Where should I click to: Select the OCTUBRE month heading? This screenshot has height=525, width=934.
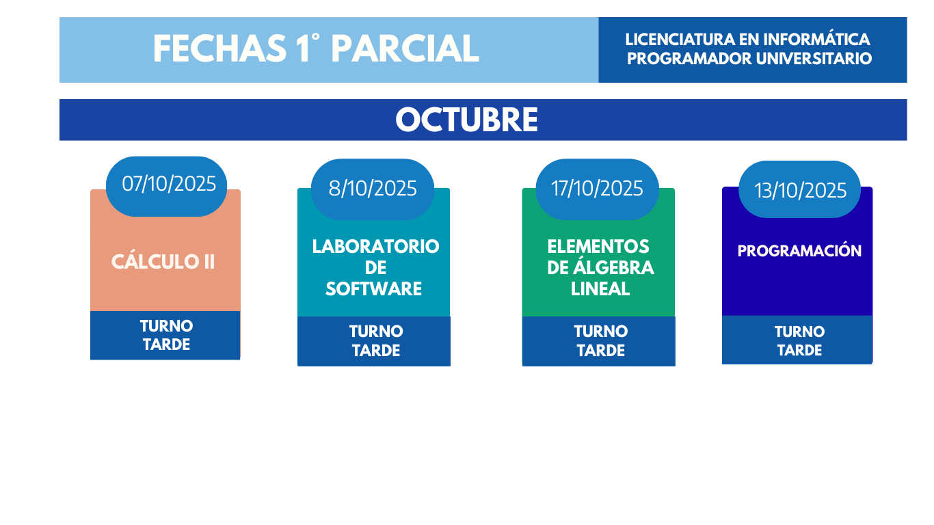[466, 120]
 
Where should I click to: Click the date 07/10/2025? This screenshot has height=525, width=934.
[169, 184]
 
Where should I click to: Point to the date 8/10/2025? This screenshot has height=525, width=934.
[373, 189]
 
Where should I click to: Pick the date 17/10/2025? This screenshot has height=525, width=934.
[597, 189]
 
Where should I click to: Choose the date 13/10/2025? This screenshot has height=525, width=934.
[800, 191]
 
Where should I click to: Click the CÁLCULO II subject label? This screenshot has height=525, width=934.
[163, 262]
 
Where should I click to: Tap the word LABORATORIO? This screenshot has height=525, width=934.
[375, 247]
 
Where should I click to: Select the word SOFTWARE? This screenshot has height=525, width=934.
[373, 289]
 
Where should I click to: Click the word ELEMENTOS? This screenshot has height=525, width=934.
[598, 247]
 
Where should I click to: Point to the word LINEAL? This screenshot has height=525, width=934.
[600, 289]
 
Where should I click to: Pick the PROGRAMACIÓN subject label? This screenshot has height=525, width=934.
[799, 251]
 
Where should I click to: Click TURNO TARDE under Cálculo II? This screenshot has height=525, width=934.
[166, 335]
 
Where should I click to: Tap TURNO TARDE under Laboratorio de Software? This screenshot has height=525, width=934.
[376, 341]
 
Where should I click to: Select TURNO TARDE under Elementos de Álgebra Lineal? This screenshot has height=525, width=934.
[601, 341]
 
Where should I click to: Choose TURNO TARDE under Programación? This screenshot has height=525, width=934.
[800, 340]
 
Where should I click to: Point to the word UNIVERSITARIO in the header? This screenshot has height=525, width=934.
[814, 59]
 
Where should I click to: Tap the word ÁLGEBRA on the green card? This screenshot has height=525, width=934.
[613, 267]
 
